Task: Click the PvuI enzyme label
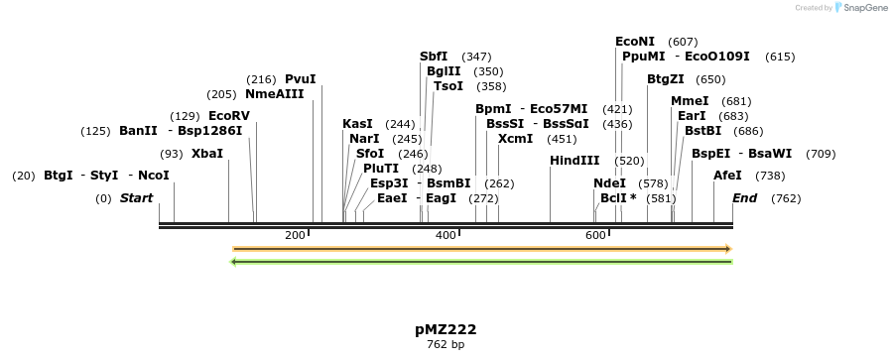click(300, 79)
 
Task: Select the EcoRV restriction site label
click(229, 116)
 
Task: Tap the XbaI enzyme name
click(207, 154)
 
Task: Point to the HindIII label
click(574, 161)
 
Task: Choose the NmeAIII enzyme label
click(274, 94)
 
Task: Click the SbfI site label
click(434, 57)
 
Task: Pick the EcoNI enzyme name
click(635, 42)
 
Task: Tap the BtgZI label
click(666, 79)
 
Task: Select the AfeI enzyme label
click(727, 176)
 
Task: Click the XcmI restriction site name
click(515, 139)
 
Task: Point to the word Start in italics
click(136, 198)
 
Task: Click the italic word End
click(744, 198)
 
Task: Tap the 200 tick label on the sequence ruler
click(295, 235)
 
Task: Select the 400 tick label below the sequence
click(445, 235)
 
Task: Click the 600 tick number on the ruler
click(595, 235)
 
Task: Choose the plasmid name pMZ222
click(446, 329)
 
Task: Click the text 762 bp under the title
click(446, 345)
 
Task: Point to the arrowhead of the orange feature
click(728, 249)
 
